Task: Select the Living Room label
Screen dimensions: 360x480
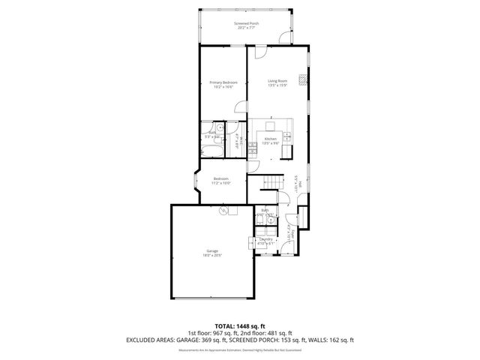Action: click(x=278, y=83)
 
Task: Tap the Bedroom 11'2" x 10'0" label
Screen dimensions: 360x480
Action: click(x=221, y=181)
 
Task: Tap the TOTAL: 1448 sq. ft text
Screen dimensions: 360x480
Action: click(x=240, y=325)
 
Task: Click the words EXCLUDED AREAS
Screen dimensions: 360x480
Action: click(x=151, y=340)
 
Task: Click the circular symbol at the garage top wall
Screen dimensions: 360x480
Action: click(x=223, y=211)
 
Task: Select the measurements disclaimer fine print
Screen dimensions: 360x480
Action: click(x=240, y=349)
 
